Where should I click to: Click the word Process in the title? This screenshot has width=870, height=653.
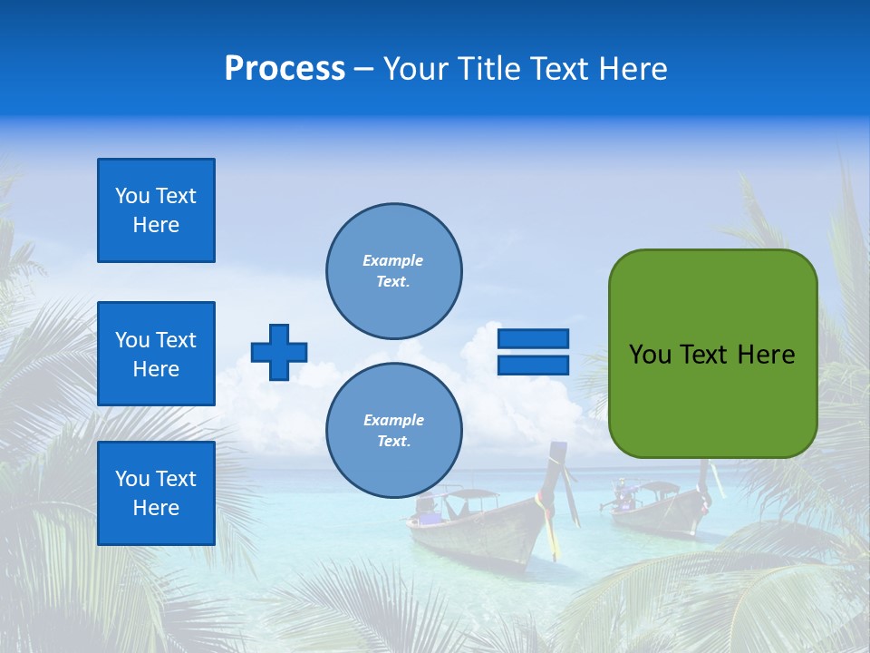285,69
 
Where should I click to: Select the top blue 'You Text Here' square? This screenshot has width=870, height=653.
156,210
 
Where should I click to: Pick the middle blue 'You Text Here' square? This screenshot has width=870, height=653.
156,354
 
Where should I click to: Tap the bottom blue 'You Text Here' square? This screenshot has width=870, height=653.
156,493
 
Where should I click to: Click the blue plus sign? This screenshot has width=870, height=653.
279,352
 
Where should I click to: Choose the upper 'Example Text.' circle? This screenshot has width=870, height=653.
393,271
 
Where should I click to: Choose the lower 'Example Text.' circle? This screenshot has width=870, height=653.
393,431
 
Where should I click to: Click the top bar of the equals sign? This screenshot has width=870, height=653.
533,339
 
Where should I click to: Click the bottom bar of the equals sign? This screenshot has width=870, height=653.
533,365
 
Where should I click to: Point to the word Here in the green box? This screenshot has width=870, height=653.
766,355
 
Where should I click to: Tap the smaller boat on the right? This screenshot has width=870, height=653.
657,512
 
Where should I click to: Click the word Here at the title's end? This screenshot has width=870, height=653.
632,69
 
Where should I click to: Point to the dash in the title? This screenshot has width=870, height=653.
363,70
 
